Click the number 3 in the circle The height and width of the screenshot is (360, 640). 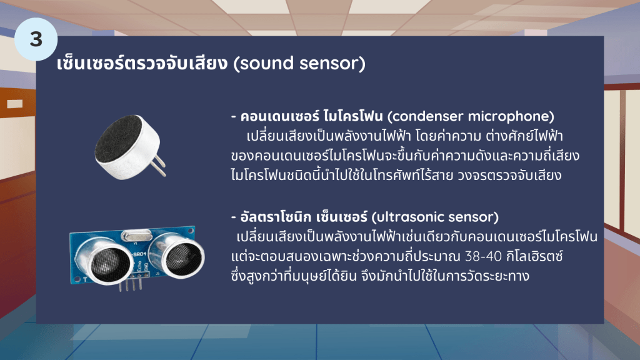[36, 39]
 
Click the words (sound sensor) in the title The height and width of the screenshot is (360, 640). [299, 64]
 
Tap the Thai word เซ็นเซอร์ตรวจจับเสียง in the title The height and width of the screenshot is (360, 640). [142, 63]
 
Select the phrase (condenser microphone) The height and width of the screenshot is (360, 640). [471, 116]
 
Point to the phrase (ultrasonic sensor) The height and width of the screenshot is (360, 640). [435, 217]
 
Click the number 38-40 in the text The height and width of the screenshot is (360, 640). [483, 256]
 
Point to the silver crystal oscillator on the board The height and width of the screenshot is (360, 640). [137, 235]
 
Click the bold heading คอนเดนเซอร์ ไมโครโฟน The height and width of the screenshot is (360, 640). [311, 116]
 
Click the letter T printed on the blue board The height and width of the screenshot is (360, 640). [85, 279]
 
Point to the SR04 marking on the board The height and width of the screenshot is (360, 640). [139, 254]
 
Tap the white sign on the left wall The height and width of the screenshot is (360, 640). [15, 104]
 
